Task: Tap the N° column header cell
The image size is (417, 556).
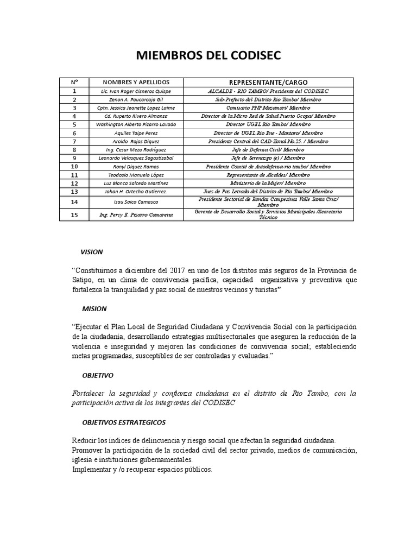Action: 74,81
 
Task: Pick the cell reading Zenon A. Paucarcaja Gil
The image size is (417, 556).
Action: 128,100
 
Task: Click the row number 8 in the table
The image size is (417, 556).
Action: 74,149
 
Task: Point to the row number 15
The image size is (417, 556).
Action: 74,215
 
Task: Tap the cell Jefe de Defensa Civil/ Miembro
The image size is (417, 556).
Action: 268,149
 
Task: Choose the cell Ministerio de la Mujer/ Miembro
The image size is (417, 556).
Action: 268,183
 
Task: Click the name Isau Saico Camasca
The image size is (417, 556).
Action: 128,202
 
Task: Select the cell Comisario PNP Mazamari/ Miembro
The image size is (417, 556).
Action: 268,108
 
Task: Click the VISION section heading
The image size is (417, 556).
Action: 91,252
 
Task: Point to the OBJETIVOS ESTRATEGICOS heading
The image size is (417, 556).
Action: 124,422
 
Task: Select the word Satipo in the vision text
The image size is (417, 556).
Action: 83,280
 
